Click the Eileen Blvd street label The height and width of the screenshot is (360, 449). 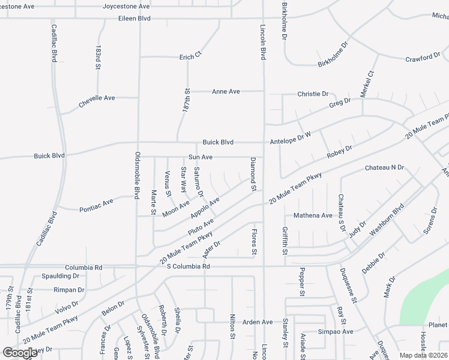(x=134, y=19)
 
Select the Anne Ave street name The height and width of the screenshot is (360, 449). (x=226, y=92)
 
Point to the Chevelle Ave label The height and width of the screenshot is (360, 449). (x=96, y=102)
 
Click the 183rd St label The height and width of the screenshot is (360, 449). (x=97, y=58)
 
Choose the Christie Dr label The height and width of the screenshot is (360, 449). (x=313, y=94)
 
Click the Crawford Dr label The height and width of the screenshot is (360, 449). (x=423, y=58)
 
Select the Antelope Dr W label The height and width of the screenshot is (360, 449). (x=289, y=139)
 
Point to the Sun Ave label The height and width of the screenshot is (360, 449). (x=200, y=157)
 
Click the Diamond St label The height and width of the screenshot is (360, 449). (x=253, y=175)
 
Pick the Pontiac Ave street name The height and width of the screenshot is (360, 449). (x=96, y=205)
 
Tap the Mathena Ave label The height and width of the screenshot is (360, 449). (x=313, y=215)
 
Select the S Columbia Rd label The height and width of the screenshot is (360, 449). (x=188, y=266)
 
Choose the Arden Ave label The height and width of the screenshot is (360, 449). (x=258, y=322)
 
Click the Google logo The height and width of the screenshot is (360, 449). (x=20, y=353)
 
